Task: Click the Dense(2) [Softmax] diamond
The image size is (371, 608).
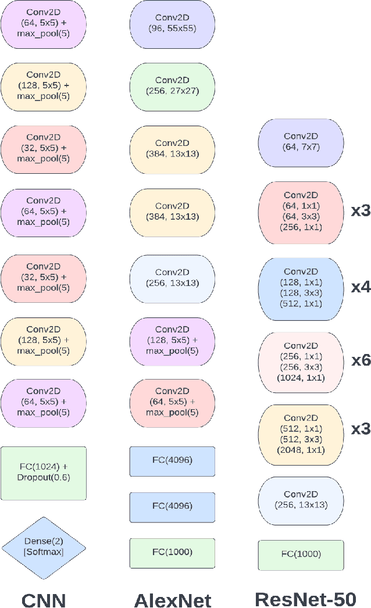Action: (x=44, y=546)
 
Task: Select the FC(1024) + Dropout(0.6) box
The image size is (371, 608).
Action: (x=44, y=473)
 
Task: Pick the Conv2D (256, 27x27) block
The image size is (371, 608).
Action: (x=172, y=85)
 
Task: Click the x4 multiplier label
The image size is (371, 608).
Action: (x=361, y=287)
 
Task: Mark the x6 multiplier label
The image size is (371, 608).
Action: (x=361, y=360)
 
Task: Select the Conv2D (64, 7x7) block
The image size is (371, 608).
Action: (x=301, y=143)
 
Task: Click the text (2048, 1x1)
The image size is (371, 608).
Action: (x=301, y=450)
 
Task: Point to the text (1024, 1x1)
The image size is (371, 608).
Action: (x=301, y=378)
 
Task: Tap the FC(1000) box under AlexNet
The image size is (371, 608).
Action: (x=172, y=553)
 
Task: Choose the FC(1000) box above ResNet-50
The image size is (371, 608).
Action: (x=301, y=555)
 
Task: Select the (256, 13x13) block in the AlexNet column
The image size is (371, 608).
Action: (x=172, y=278)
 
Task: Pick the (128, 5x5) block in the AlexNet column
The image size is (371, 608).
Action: (x=172, y=340)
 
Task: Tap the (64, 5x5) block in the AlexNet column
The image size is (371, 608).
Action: (x=172, y=402)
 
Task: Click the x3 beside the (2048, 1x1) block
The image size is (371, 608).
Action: (x=361, y=430)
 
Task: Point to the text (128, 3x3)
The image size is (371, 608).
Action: (x=301, y=292)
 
